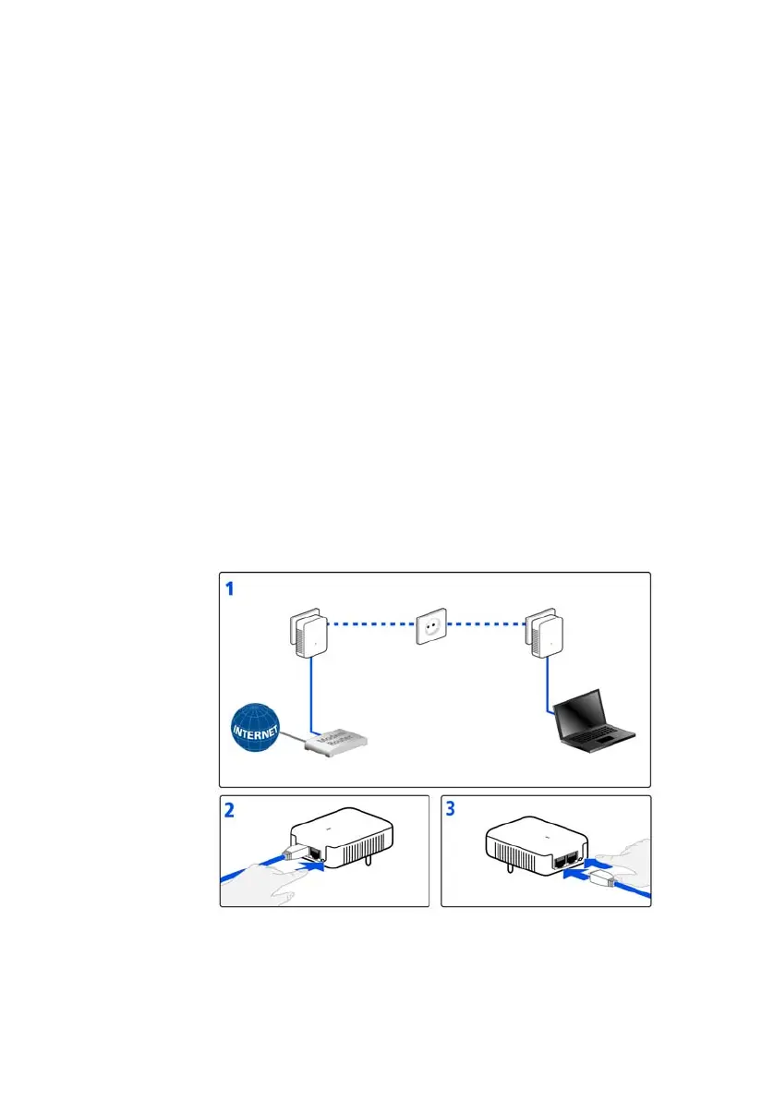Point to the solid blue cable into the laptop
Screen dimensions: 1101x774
(550, 688)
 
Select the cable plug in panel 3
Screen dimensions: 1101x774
(599, 877)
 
